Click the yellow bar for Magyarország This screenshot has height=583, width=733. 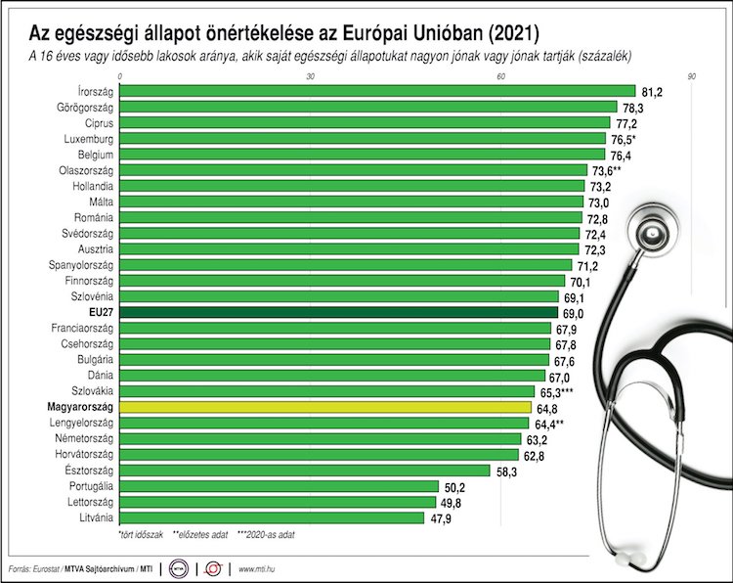pos(324,406)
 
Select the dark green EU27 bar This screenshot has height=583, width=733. pos(337,312)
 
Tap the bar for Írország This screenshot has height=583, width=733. pos(376,91)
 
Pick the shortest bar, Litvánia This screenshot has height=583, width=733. pos(271,517)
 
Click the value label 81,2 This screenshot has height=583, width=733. pos(653,91)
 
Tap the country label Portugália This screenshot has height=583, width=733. pos(89,486)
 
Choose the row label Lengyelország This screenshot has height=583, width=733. pos(81,423)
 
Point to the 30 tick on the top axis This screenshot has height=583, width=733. pos(310,75)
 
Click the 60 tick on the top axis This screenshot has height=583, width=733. pos(500,75)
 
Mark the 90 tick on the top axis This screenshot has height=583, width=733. pos(691,75)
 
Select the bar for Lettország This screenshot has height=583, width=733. pos(278,502)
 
